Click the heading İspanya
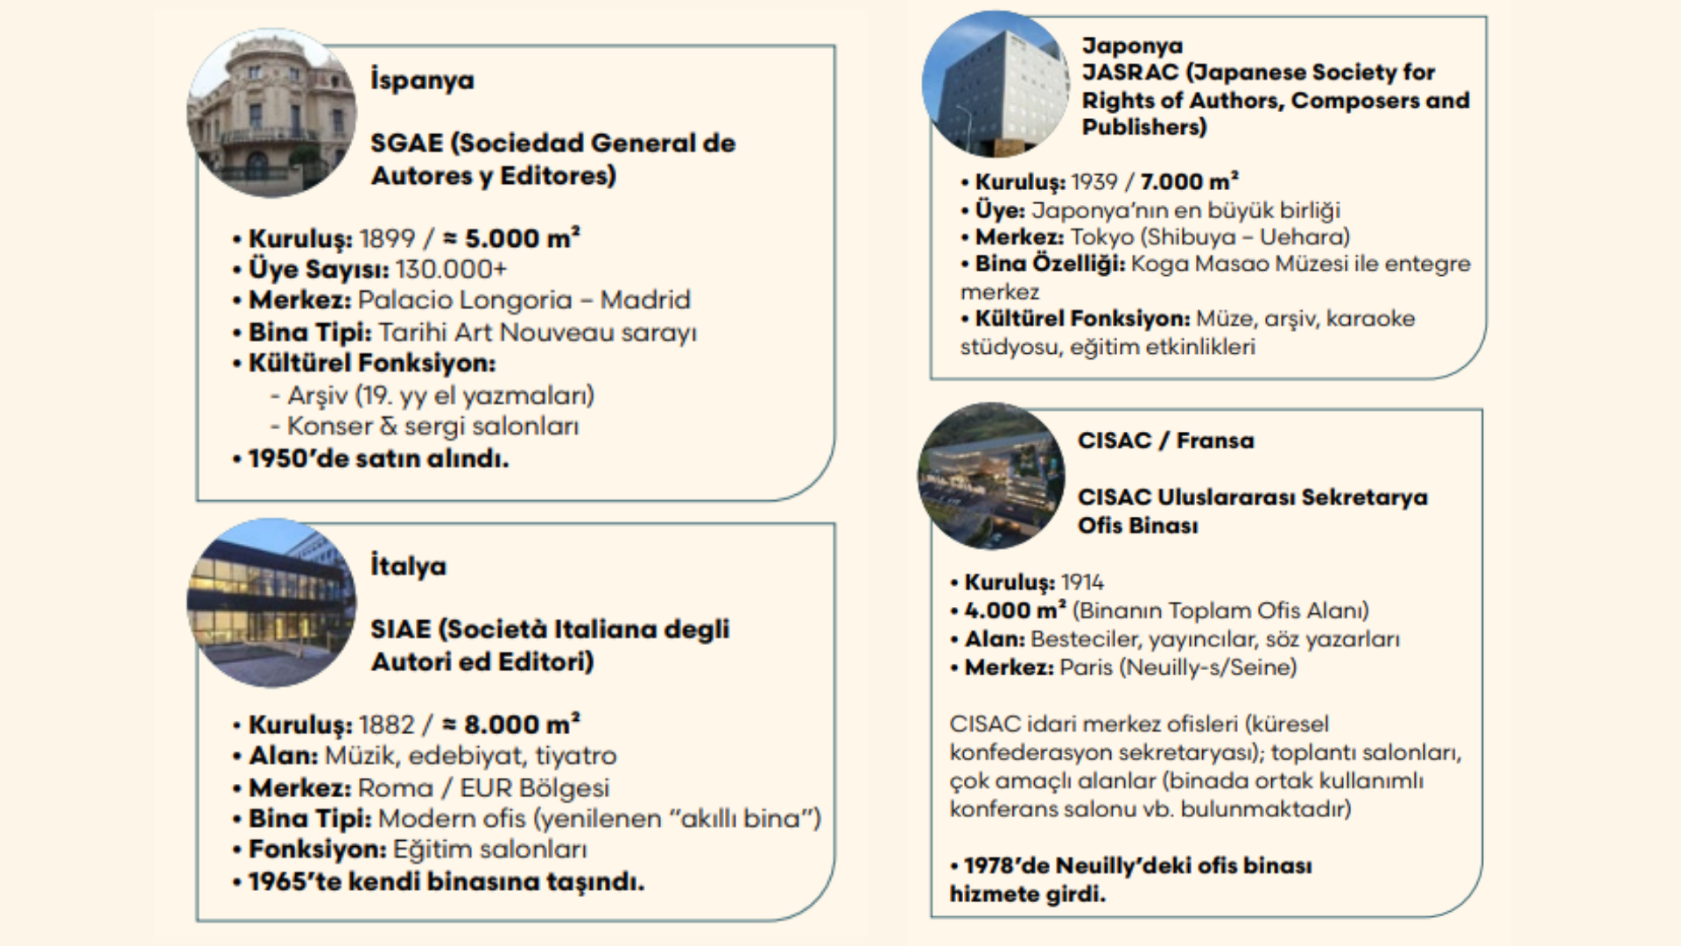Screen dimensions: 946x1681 [x=422, y=81]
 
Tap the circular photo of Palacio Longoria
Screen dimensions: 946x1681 [x=271, y=113]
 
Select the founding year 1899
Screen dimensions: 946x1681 [x=387, y=238]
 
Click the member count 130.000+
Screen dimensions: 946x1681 [x=451, y=269]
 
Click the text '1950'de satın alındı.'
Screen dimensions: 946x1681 [x=377, y=458]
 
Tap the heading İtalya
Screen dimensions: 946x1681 [x=408, y=566]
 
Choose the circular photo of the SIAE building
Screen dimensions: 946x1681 [x=271, y=603]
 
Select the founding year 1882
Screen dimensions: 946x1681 [x=386, y=724]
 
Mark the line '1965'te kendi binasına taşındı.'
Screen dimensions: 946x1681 [x=446, y=881]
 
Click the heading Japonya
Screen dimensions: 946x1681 [x=1132, y=46]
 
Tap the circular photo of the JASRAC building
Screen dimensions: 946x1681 [x=995, y=85]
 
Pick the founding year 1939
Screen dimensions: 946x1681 [x=1094, y=181]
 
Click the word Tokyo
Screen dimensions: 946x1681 [x=1102, y=236]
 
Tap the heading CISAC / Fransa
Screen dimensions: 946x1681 [x=1165, y=441]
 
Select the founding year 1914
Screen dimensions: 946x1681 [x=1082, y=582]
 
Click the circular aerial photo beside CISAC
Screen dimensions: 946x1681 [x=991, y=477]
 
